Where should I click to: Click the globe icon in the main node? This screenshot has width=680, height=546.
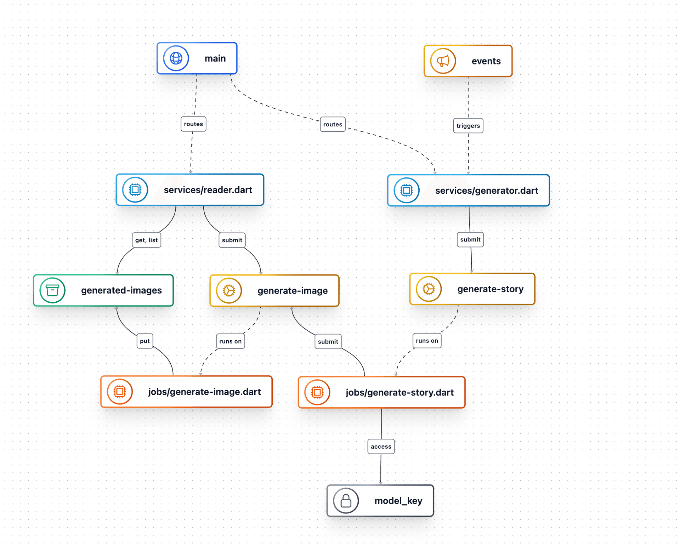pyautogui.click(x=176, y=58)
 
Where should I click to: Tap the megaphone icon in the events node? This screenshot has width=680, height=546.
pyautogui.click(x=443, y=61)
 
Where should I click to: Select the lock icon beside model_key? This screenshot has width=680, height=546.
pyautogui.click(x=346, y=500)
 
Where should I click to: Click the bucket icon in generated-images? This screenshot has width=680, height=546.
pyautogui.click(x=52, y=290)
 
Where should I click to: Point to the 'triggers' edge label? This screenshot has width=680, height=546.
pyautogui.click(x=468, y=126)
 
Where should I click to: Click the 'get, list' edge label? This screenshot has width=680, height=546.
pyautogui.click(x=146, y=240)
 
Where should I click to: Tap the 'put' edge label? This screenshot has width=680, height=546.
pyautogui.click(x=144, y=341)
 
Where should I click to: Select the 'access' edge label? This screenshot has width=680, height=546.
pyautogui.click(x=381, y=447)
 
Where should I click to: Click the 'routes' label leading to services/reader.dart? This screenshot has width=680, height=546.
pyautogui.click(x=193, y=124)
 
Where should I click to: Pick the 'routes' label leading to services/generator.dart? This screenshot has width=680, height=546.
pyautogui.click(x=333, y=124)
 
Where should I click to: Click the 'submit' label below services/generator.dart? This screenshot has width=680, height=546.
pyautogui.click(x=470, y=239)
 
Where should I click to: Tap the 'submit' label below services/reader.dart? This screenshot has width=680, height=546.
pyautogui.click(x=232, y=240)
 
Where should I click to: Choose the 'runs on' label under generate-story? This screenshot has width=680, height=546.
pyautogui.click(x=427, y=341)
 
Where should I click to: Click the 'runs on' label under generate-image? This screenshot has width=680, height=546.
pyautogui.click(x=230, y=341)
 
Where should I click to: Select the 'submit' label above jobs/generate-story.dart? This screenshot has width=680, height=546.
pyautogui.click(x=328, y=342)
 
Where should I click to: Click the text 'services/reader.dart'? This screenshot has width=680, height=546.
pyautogui.click(x=208, y=190)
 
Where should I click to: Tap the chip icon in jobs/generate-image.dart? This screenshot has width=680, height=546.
pyautogui.click(x=120, y=392)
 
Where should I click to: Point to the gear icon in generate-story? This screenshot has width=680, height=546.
pyautogui.click(x=429, y=289)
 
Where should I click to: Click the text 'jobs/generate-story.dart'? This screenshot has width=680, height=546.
pyautogui.click(x=399, y=392)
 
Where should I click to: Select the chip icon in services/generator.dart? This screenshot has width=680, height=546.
pyautogui.click(x=406, y=190)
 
